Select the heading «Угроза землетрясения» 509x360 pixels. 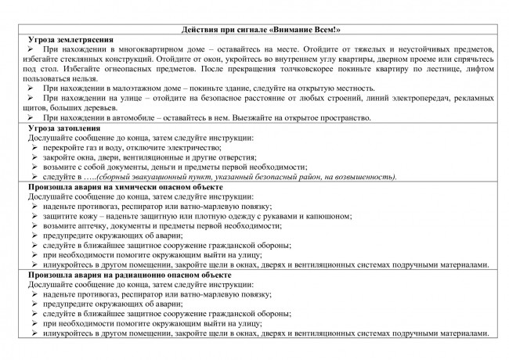click(x=71, y=38)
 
